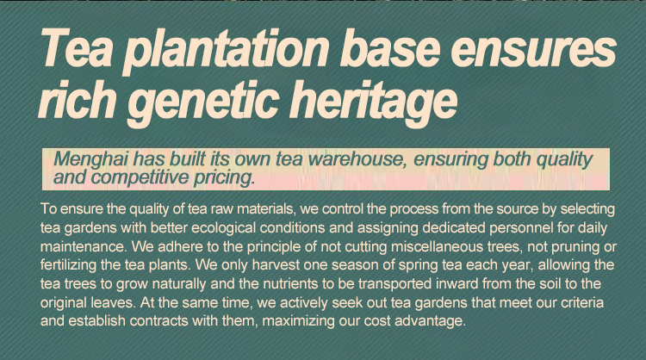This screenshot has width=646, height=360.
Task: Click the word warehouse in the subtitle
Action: click(x=355, y=158)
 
